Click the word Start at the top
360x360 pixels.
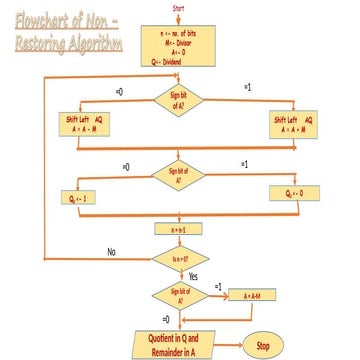point(179,8)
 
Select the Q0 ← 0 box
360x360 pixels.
point(294,193)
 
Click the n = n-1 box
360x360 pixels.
point(179,228)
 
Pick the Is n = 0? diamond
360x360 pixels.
point(179,259)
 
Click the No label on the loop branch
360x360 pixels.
point(113,251)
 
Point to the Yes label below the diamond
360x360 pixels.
point(193,276)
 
